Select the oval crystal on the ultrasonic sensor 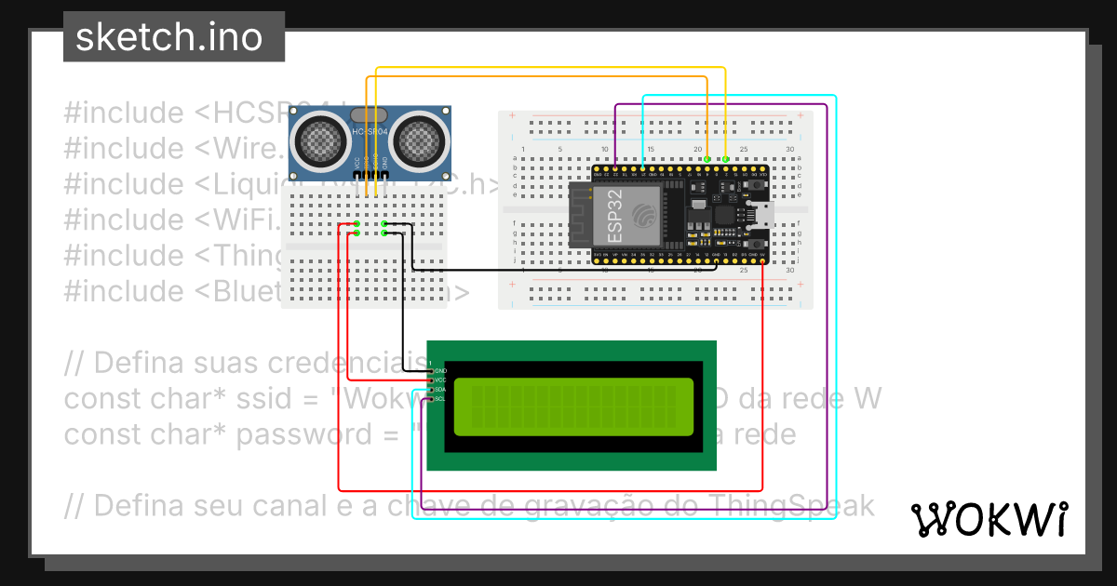[x=370, y=114]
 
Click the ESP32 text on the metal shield [x=615, y=217]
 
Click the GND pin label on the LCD [x=440, y=371]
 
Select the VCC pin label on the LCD [x=440, y=380]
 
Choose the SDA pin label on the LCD [x=440, y=390]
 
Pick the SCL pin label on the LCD [x=440, y=399]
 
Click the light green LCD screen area [x=573, y=406]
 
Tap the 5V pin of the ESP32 [x=762, y=254]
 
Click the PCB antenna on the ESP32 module [x=583, y=216]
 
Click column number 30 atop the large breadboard [x=789, y=150]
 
